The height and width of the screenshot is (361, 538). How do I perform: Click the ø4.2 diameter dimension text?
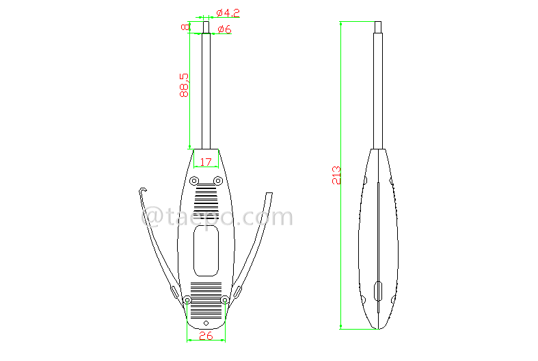[x=228, y=13]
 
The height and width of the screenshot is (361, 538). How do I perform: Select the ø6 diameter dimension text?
[x=224, y=29]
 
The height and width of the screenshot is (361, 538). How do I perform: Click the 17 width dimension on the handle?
[x=206, y=162]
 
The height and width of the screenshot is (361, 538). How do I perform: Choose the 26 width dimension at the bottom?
[x=206, y=336]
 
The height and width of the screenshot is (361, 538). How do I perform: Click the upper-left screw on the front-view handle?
[x=193, y=181]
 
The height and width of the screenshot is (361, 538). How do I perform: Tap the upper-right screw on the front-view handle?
[x=218, y=180]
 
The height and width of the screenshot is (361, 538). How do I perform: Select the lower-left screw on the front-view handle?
[x=187, y=299]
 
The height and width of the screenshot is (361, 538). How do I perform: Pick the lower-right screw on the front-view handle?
[x=225, y=299]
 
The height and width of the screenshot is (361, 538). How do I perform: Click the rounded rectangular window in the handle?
[x=206, y=250]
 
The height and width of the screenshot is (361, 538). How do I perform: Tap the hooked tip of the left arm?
[x=142, y=191]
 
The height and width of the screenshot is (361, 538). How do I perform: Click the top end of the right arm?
[x=270, y=195]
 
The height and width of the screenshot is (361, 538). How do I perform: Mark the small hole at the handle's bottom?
[x=206, y=322]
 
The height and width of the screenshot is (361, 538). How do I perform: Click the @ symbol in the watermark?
[x=152, y=218]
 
